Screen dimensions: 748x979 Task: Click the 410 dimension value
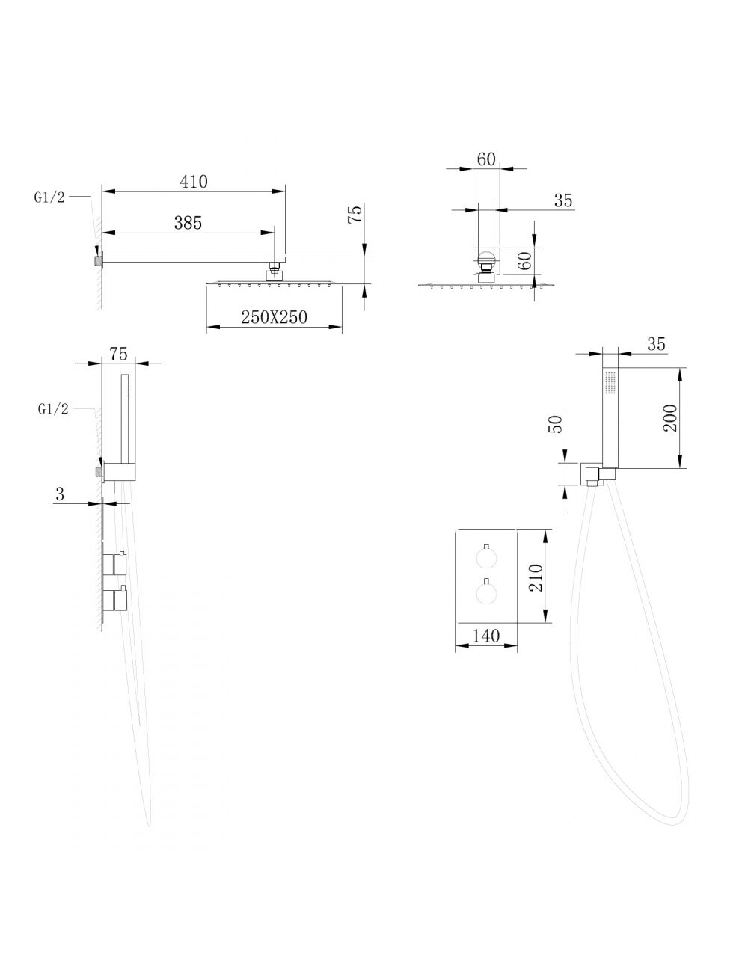pos(194,182)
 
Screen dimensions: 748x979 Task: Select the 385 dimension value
pos(188,223)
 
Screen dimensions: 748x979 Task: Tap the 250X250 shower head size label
pos(274,317)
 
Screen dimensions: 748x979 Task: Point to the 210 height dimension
pos(536,577)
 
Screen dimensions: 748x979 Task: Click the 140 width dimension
pos(485,636)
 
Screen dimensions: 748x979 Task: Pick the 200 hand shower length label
pos(670,417)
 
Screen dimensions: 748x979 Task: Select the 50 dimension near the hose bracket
pos(555,423)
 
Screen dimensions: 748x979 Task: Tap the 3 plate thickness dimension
pos(60,494)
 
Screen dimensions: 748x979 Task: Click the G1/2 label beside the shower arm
pos(49,197)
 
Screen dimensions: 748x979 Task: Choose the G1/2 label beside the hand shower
pos(53,408)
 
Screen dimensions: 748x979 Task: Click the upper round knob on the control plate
pos(485,558)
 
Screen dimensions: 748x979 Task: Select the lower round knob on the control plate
pos(485,594)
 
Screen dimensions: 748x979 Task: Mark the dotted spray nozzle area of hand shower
pos(610,383)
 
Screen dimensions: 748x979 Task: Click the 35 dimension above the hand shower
pos(656,344)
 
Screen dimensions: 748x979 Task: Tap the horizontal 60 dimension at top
pos(486,159)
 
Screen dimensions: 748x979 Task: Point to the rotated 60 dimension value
pos(526,261)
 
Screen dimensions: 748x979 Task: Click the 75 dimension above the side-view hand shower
pos(119,354)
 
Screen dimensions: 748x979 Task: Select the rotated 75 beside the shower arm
pos(355,215)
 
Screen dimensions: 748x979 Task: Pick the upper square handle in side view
pos(120,562)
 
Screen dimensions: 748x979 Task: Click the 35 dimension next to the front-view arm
pos(563,200)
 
